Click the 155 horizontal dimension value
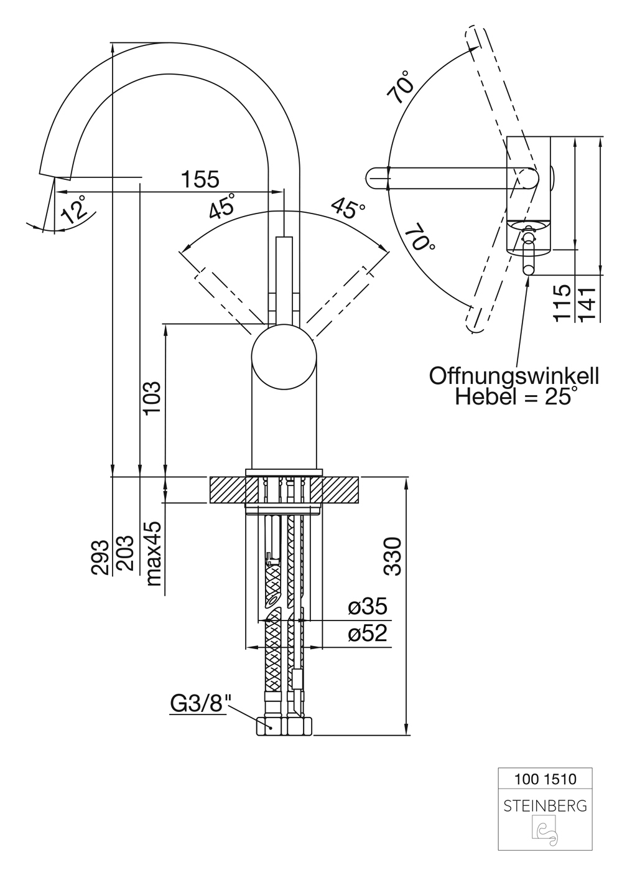(200, 179)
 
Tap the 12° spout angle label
(73, 208)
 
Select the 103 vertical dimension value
(151, 399)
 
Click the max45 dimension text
(153, 553)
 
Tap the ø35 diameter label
(367, 606)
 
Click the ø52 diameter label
(367, 634)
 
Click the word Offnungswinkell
(514, 376)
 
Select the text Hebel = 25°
(514, 396)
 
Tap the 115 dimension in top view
(562, 302)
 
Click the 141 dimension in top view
(587, 302)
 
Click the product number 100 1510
(545, 779)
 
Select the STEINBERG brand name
(545, 806)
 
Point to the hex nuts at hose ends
(284, 726)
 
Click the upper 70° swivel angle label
(401, 87)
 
